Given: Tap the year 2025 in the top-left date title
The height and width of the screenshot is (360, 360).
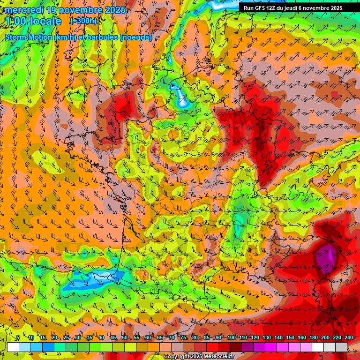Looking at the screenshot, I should pos(114,10).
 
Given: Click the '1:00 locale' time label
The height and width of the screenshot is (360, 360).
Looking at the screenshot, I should pos(33,22).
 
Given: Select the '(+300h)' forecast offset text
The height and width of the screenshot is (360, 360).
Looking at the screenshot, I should pos(83,21).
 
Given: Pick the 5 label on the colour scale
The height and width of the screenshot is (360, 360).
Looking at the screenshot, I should pos(18,338).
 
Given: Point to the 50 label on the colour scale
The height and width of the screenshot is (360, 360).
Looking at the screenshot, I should pos(125,338).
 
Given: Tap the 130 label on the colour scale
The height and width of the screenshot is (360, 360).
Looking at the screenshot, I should pos(267,338).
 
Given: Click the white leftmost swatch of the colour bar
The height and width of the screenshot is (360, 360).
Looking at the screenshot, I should pos(13,347).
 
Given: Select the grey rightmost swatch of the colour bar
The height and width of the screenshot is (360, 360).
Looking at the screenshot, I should pos(341,347).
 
